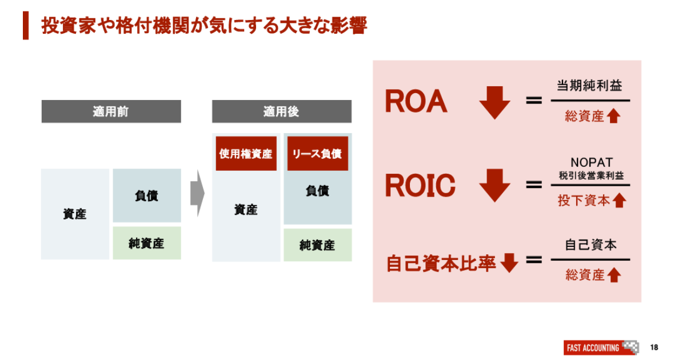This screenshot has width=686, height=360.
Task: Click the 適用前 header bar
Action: (111, 111)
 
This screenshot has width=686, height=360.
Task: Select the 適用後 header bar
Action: (281, 111)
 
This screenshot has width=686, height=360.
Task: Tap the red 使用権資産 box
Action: (246, 153)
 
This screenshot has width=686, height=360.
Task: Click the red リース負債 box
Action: (317, 153)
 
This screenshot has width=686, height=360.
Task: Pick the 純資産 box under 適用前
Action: (146, 243)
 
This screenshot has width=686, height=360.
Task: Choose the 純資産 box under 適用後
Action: (317, 245)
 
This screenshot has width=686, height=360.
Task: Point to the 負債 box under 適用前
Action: (146, 195)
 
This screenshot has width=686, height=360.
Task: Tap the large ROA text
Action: (416, 102)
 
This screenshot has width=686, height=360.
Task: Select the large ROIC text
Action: (420, 186)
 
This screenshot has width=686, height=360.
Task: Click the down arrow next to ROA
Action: (494, 102)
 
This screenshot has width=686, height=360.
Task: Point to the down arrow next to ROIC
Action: (494, 185)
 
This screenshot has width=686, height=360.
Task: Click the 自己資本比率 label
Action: (441, 264)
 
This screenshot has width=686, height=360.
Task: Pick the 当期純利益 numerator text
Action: (589, 86)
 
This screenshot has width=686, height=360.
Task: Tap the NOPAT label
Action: (591, 163)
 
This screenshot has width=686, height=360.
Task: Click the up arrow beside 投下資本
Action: (620, 201)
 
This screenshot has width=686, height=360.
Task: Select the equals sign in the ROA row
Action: (533, 101)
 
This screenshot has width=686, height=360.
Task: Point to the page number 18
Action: (654, 347)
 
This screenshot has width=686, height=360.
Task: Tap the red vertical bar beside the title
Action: (26, 26)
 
